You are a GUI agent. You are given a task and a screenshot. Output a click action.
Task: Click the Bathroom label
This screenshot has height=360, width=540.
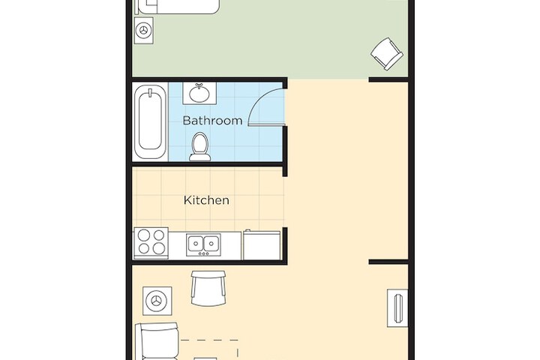pyautogui.click(x=212, y=120)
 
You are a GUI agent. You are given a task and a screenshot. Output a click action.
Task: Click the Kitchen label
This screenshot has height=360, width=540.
pyautogui.click(x=206, y=200)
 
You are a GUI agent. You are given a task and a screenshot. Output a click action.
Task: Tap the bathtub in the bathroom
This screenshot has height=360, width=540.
pyautogui.click(x=150, y=121)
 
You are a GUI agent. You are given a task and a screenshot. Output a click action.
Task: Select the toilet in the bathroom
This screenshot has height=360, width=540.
pyautogui.click(x=199, y=147)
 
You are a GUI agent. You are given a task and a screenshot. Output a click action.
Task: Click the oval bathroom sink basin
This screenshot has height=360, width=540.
pyautogui.click(x=199, y=94)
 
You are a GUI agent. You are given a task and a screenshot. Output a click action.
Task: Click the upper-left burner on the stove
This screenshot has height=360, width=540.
pyautogui.click(x=144, y=235)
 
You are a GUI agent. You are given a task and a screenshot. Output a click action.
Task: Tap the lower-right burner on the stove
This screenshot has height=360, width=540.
pyautogui.click(x=159, y=248)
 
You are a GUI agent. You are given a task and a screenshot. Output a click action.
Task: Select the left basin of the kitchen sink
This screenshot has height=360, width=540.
pyautogui.click(x=196, y=244)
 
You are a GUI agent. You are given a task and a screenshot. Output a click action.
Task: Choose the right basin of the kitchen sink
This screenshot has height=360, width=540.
pyautogui.click(x=211, y=244)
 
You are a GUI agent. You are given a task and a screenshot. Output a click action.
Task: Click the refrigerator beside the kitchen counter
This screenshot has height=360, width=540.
pyautogui.click(x=262, y=245)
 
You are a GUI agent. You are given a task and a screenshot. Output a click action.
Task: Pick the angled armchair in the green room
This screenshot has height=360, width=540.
pyautogui.click(x=387, y=54)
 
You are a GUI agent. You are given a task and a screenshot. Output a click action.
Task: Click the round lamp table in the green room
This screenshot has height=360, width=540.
pyautogui.click(x=143, y=30)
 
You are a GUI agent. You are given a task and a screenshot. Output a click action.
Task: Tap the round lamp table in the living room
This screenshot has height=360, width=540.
pyautogui.click(x=157, y=301)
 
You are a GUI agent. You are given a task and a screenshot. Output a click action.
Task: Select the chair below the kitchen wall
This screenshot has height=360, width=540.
pyautogui.click(x=208, y=288)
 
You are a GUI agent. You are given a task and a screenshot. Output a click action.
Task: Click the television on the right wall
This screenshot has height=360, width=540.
pyautogui.click(x=397, y=308)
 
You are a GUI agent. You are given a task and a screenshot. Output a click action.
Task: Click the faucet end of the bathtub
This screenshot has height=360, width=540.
pyautogui.click(x=150, y=92)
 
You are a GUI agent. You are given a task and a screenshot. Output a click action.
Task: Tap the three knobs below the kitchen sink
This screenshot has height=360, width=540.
pyautogui.click(x=203, y=254)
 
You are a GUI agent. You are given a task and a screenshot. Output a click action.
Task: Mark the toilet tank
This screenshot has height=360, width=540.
pyautogui.click(x=200, y=157)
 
